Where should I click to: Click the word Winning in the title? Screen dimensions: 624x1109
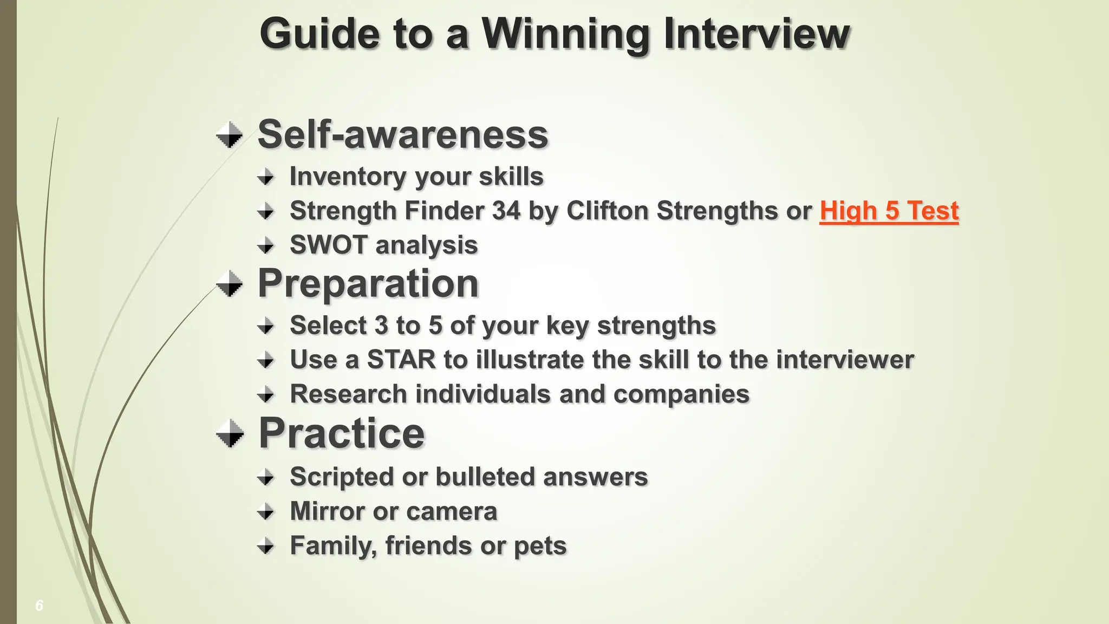point(565,35)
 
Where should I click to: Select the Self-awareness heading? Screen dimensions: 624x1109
point(403,134)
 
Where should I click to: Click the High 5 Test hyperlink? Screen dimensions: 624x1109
point(889,211)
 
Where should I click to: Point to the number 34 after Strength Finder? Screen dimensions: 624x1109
point(506,211)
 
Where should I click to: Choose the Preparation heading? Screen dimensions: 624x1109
point(368,283)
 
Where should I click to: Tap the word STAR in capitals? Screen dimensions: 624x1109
point(401,360)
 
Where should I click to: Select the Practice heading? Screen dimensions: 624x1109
point(342,433)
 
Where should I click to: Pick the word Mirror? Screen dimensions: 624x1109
point(327,511)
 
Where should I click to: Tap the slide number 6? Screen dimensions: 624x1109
point(39,606)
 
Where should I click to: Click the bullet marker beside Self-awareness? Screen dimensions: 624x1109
point(230,135)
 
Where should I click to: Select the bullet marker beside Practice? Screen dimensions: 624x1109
point(230,434)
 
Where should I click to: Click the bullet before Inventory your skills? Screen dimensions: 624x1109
point(265,177)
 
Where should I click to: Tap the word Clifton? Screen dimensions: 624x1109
point(607,211)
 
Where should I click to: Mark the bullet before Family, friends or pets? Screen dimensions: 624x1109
point(265,545)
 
